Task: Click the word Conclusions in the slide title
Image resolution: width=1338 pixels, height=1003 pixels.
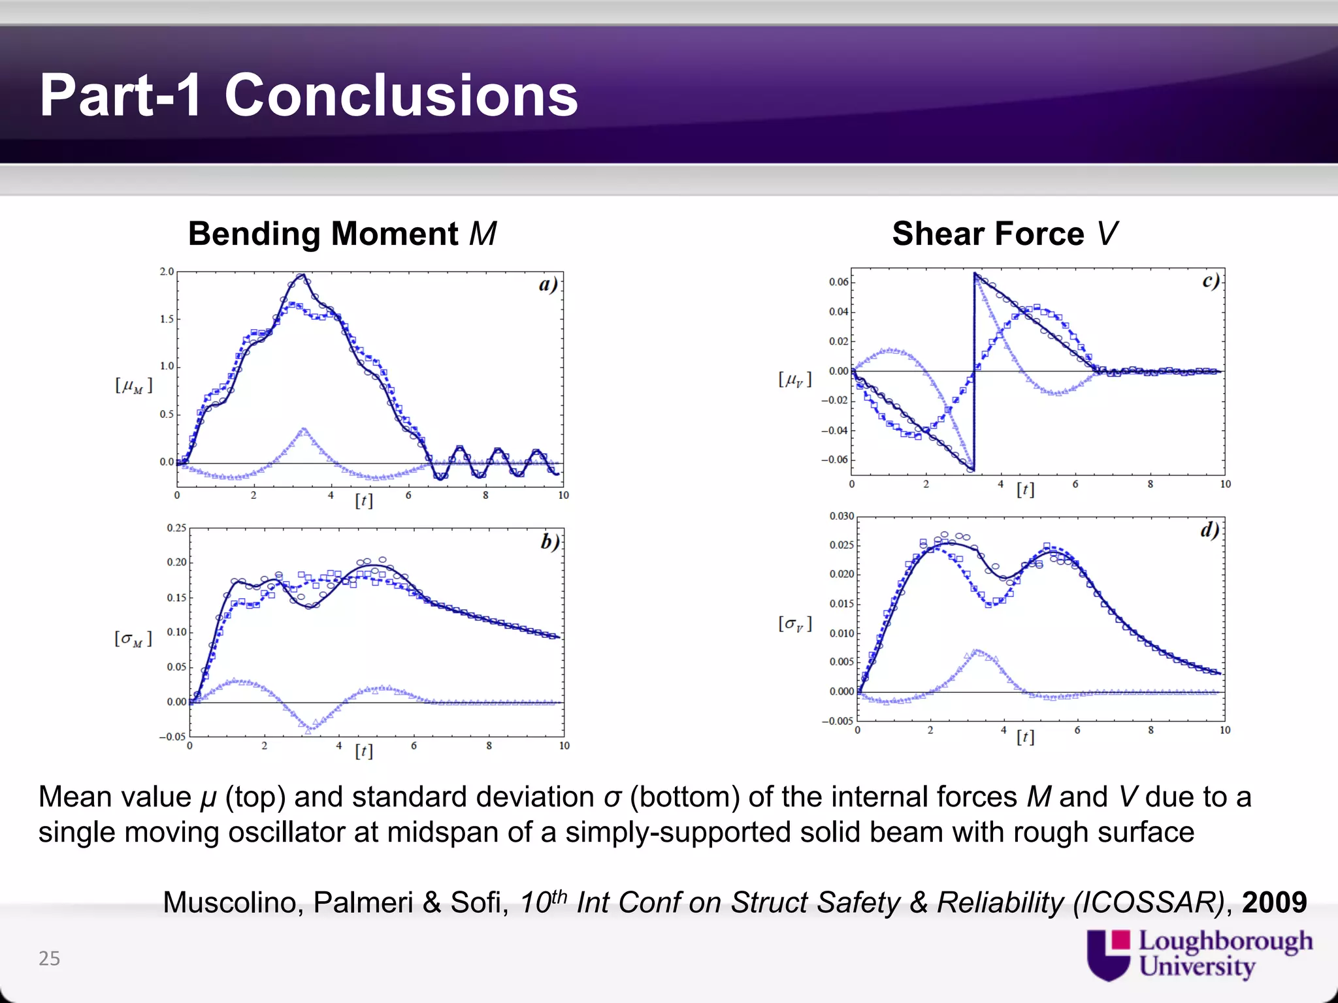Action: pyautogui.click(x=401, y=95)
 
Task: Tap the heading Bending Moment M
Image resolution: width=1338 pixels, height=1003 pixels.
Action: pyautogui.click(x=342, y=234)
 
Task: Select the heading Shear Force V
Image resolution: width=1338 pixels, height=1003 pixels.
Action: pyautogui.click(x=1005, y=234)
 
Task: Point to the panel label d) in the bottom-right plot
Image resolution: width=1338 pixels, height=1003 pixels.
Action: pyautogui.click(x=1209, y=530)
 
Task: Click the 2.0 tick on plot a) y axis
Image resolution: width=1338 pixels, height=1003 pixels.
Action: pyautogui.click(x=167, y=272)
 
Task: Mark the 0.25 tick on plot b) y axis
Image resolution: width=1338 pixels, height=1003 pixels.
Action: pyautogui.click(x=176, y=528)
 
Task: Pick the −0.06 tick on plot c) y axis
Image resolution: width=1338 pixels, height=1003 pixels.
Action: pyautogui.click(x=835, y=460)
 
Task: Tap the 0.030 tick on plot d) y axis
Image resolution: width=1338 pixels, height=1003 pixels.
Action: pyautogui.click(x=841, y=516)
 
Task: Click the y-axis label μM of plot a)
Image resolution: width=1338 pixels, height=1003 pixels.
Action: pyautogui.click(x=134, y=385)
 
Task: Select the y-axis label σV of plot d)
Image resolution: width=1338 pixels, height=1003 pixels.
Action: pyautogui.click(x=795, y=624)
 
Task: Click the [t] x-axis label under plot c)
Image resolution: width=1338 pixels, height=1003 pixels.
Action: pyautogui.click(x=1025, y=490)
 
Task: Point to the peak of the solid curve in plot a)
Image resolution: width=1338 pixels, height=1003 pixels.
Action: pyautogui.click(x=302, y=275)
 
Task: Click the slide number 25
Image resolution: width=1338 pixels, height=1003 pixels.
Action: pyautogui.click(x=49, y=958)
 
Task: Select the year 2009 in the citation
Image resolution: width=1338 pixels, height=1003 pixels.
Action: pyautogui.click(x=1274, y=902)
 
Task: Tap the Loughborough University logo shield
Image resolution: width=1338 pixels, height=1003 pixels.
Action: pyautogui.click(x=1108, y=955)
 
